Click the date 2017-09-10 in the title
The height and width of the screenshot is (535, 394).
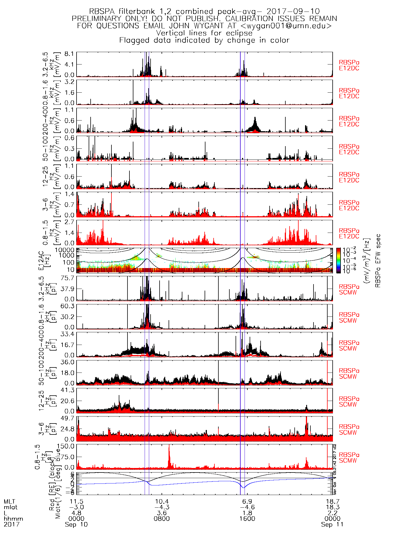(x=293, y=12)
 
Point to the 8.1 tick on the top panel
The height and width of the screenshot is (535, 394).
(x=70, y=54)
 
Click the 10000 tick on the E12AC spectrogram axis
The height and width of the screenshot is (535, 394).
(x=64, y=250)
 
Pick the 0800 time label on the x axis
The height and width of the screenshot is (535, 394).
(x=162, y=519)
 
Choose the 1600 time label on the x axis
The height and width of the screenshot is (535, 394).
(x=247, y=519)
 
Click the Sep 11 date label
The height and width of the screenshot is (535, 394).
(x=332, y=525)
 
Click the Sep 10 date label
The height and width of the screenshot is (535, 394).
(x=76, y=525)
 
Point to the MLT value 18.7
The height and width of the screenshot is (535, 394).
(x=332, y=501)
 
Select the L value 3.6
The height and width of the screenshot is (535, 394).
(x=162, y=513)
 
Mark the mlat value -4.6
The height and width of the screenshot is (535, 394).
(x=247, y=507)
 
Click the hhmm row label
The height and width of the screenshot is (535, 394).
(x=13, y=519)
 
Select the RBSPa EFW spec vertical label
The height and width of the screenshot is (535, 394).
(x=378, y=260)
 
